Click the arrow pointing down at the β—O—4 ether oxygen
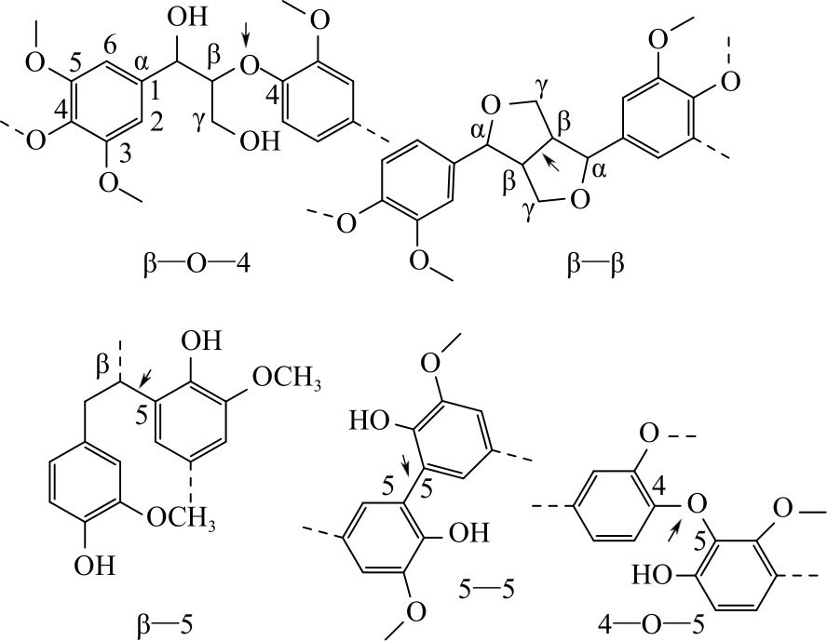pos(247,37)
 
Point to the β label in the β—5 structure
pos(103,370)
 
